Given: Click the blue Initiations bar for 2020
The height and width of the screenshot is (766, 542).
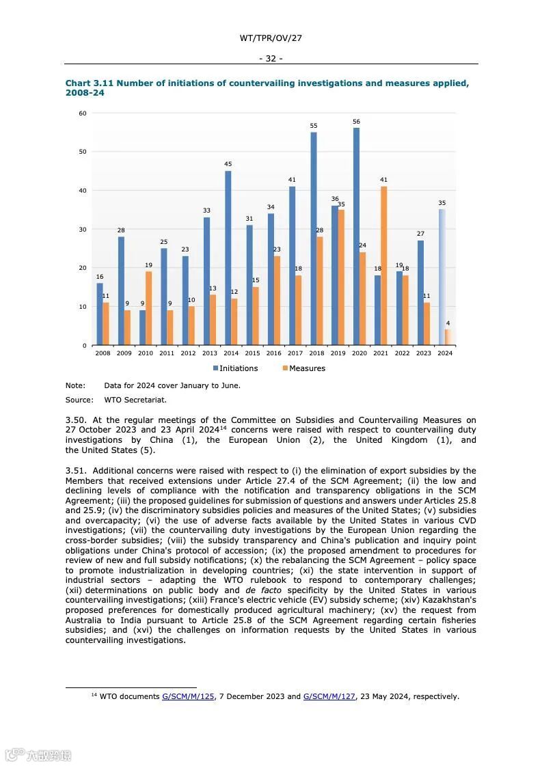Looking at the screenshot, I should pos(356,236).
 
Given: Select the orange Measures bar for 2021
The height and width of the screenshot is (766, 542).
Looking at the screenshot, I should pos(383,266).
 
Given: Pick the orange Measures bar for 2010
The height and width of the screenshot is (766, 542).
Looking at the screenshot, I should pos(148,308).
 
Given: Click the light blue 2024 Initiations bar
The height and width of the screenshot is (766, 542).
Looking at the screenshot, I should pos(442,277).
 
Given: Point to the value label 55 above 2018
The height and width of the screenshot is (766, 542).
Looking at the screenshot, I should pos(314,126).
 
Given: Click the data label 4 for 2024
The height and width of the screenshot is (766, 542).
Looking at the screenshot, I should pos(448,323).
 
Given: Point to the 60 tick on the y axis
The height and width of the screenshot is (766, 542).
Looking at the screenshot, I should pos(83,113).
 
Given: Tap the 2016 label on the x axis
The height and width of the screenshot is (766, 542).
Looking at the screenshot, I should pos(273,353).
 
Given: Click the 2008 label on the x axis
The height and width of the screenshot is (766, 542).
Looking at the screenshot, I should pos(103,353).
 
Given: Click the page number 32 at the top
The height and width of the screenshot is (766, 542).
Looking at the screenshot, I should pos(271,59).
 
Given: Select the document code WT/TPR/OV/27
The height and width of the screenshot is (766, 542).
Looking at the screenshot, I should pos(271,38).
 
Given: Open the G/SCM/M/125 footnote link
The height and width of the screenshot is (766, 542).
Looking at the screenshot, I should pos(188,696).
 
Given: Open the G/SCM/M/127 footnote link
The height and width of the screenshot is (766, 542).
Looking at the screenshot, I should pos(329,696).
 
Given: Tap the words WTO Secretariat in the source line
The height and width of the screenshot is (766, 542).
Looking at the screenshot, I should pos(135,400).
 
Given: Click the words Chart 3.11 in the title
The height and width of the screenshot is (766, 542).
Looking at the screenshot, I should pos(89,83).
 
